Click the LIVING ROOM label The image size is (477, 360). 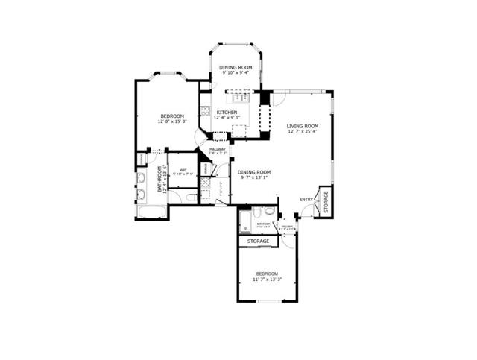[x=302, y=126]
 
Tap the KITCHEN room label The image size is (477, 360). [x=227, y=112]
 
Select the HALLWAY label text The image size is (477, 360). [x=217, y=149]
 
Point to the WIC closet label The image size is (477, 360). [x=183, y=169]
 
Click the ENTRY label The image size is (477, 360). [x=306, y=199]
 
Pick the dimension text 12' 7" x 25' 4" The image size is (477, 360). [x=302, y=133]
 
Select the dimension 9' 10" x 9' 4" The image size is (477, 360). [x=236, y=73]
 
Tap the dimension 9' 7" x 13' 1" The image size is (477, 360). [x=253, y=178]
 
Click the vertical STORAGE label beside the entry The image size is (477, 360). [x=325, y=202]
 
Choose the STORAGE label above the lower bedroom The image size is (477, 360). [x=259, y=241]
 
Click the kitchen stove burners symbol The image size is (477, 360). [x=203, y=113]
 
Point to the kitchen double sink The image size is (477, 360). [x=240, y=96]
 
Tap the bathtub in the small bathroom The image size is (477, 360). [x=245, y=221]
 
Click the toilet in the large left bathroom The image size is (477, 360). [x=191, y=198]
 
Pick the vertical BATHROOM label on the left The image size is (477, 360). [x=159, y=179]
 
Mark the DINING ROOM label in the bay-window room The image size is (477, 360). [x=236, y=67]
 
